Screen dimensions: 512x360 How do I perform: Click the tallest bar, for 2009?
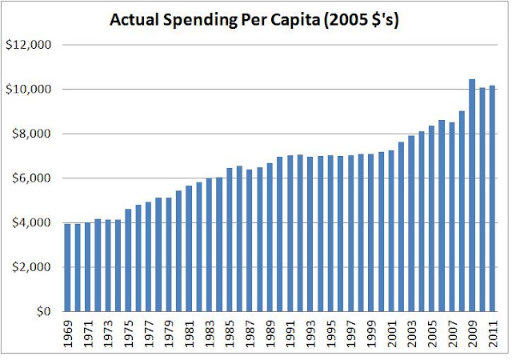472,195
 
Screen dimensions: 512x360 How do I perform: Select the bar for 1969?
67,268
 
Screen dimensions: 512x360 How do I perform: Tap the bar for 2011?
492,198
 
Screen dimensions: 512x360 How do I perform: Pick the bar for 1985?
230,240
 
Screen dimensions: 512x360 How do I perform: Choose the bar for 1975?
128,260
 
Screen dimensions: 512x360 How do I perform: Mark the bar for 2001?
391,231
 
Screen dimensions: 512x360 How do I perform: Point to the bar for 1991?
290,234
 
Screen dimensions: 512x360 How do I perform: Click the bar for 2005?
431,218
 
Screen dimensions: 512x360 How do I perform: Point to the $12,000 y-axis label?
29,45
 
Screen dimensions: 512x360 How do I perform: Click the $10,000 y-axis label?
29,89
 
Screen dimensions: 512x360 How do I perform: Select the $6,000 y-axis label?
31,178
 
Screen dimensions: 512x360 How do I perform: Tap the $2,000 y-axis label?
31,267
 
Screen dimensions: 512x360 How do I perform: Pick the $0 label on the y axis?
44,312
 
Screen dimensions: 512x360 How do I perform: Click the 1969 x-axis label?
68,334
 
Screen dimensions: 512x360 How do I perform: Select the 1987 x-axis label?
250,334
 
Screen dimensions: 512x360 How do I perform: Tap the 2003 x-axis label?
411,334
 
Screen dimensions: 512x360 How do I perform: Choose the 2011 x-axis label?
493,334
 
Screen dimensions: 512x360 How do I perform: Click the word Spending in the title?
200,21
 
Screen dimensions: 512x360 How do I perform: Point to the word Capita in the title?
295,21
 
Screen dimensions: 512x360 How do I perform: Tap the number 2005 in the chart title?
349,20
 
